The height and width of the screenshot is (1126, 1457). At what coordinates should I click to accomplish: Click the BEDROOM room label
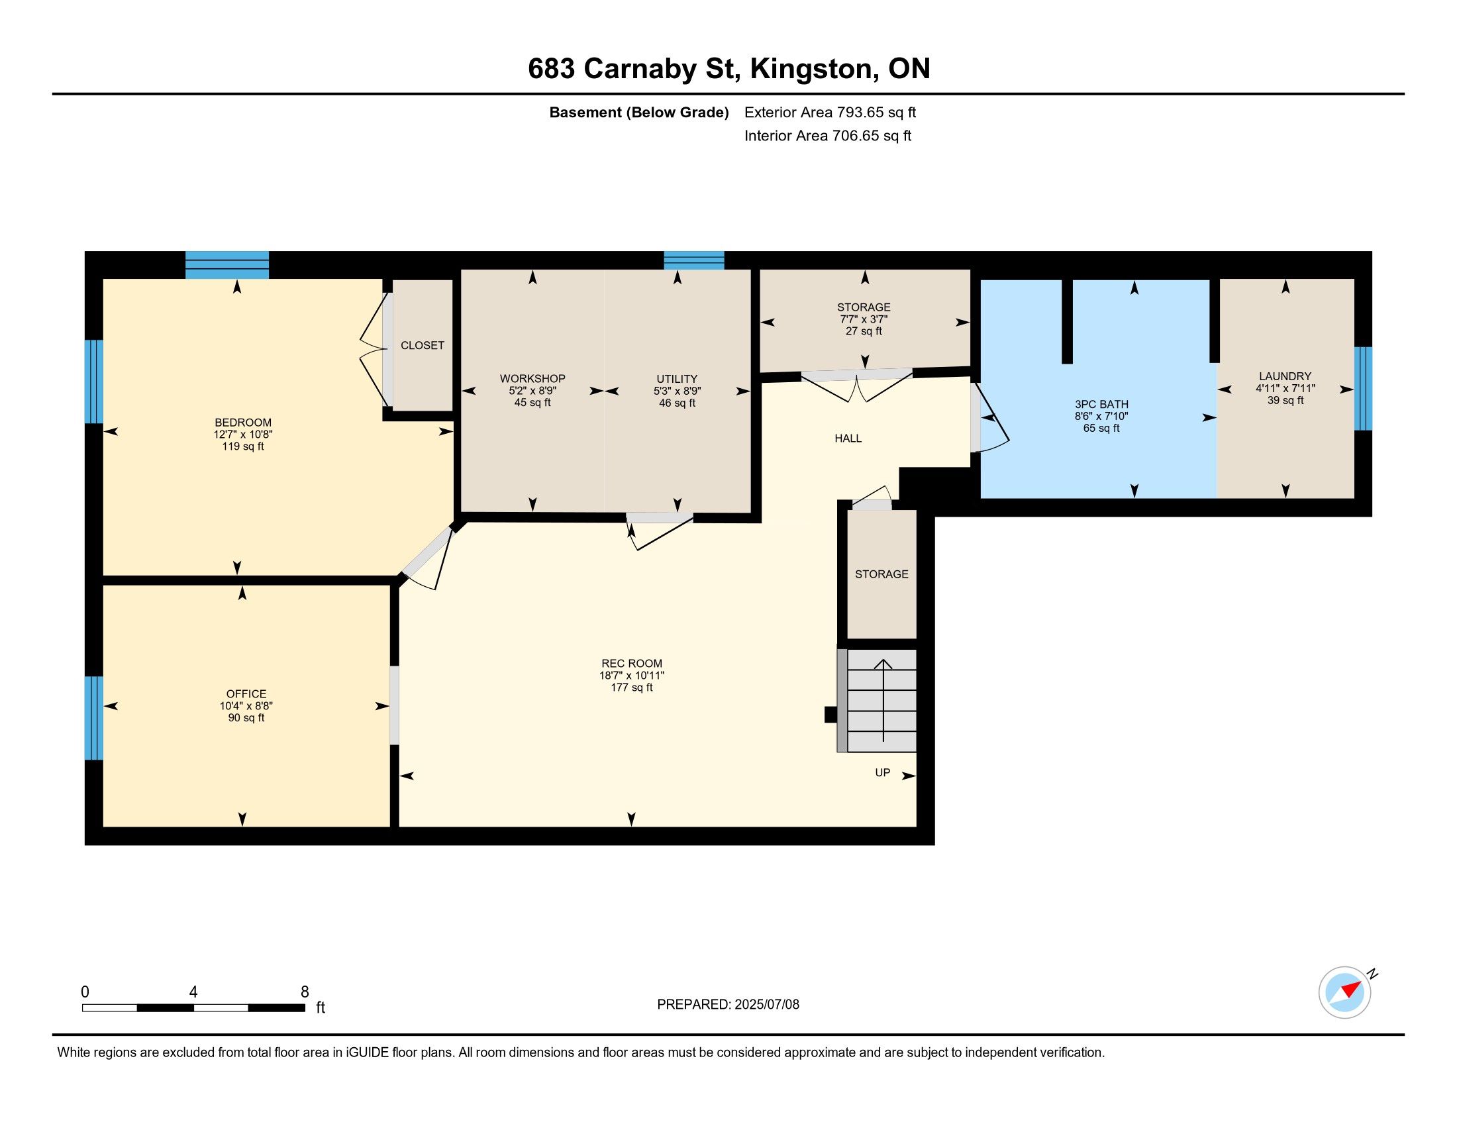point(243,423)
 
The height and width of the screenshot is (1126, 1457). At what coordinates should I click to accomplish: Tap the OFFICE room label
point(246,693)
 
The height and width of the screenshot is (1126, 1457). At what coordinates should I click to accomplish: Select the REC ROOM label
point(632,663)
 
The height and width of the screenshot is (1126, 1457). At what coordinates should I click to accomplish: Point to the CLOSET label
point(423,345)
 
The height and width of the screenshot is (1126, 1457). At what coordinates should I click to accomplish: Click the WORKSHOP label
point(532,378)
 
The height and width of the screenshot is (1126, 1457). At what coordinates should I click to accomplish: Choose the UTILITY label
point(676,378)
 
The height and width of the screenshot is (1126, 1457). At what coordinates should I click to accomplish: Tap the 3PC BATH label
point(1101,403)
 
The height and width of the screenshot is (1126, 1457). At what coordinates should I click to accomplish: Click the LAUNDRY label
point(1285,376)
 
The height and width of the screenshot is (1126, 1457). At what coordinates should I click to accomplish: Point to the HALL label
point(848,438)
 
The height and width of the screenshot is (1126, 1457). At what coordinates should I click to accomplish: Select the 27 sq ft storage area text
point(864,331)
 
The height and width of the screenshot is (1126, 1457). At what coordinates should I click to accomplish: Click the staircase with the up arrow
point(878,700)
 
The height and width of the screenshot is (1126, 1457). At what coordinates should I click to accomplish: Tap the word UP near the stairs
point(883,772)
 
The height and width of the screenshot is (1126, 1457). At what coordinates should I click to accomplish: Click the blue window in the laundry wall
point(1363,388)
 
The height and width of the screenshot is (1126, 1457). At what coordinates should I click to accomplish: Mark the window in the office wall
point(94,718)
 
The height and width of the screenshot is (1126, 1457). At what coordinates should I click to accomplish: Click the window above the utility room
point(694,260)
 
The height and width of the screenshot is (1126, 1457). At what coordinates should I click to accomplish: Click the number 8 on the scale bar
point(305,992)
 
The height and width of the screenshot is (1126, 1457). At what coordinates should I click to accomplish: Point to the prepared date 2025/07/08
point(766,1005)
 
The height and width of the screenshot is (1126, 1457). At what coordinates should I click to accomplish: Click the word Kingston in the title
point(811,70)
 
